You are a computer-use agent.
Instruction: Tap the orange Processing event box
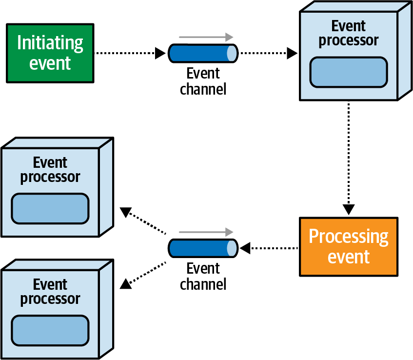[348, 246]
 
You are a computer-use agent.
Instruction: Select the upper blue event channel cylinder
[203, 53]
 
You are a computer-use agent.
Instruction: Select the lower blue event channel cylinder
[203, 248]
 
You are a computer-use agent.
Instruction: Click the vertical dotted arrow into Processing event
[348, 156]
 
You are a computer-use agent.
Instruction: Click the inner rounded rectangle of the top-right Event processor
[348, 72]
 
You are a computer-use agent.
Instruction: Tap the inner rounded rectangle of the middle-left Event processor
[50, 209]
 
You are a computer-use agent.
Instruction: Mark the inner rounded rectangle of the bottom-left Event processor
[50, 330]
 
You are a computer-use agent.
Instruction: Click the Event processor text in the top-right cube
[348, 33]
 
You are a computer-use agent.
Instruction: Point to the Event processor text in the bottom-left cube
[50, 292]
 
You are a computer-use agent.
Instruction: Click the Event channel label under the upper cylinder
[203, 81]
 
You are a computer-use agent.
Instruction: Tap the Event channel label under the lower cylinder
[203, 276]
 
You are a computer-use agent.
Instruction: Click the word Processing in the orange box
[348, 237]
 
